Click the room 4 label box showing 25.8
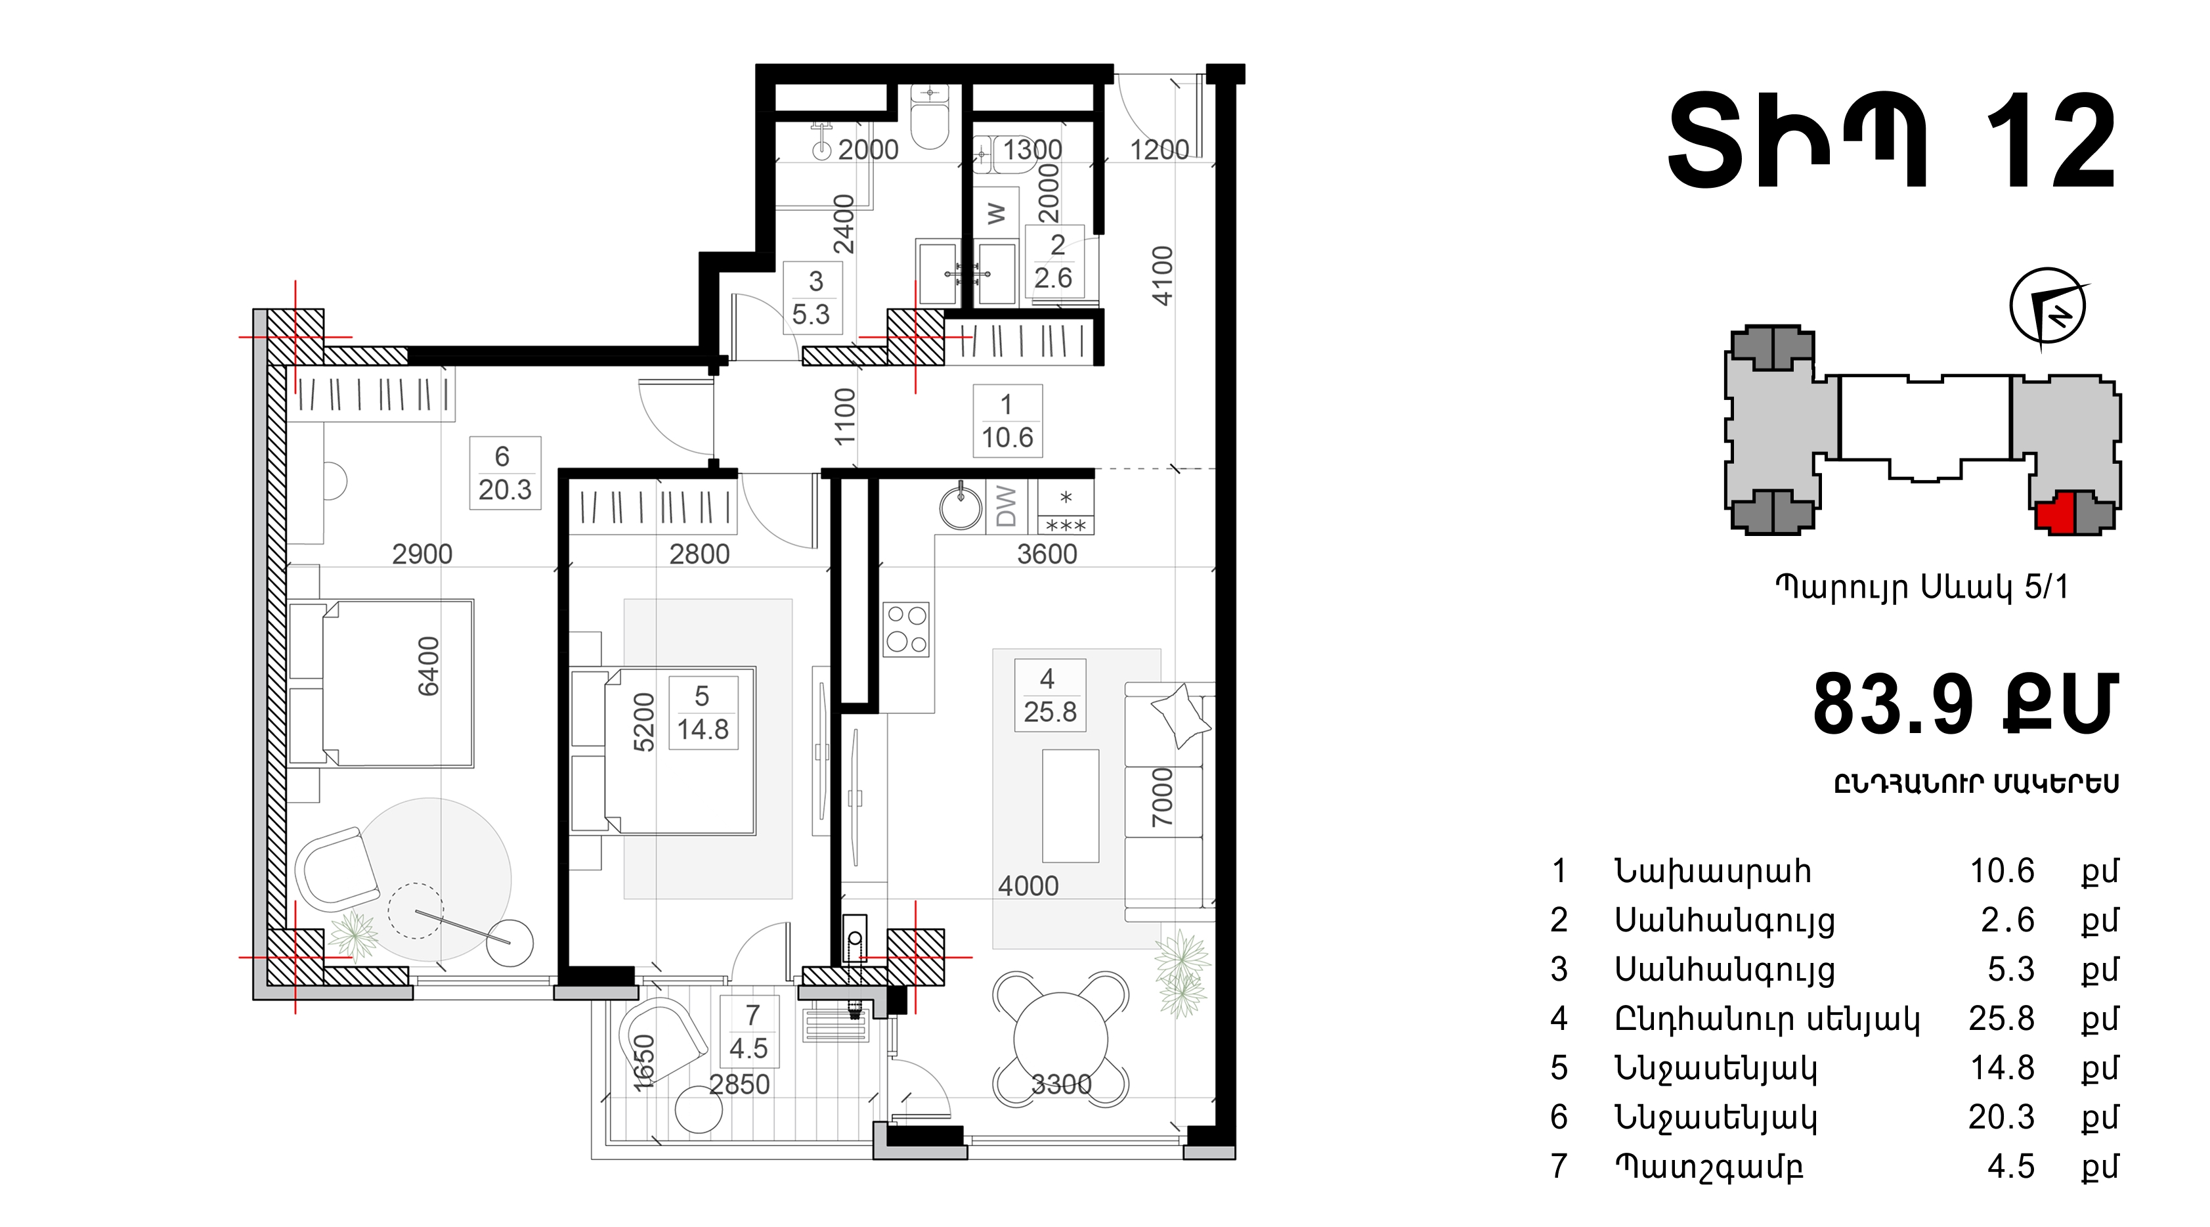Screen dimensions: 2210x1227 pos(1049,695)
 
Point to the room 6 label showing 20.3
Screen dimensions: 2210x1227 pos(504,473)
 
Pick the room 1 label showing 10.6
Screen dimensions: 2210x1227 pos(1007,420)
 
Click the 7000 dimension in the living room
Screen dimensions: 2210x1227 pos(1161,798)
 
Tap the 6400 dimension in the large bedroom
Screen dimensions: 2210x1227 pos(427,667)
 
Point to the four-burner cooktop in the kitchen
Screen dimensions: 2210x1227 pos(906,630)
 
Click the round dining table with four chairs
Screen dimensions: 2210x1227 pos(1060,1039)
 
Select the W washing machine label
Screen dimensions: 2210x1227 pos(996,213)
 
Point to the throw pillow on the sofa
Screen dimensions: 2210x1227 pos(1181,715)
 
